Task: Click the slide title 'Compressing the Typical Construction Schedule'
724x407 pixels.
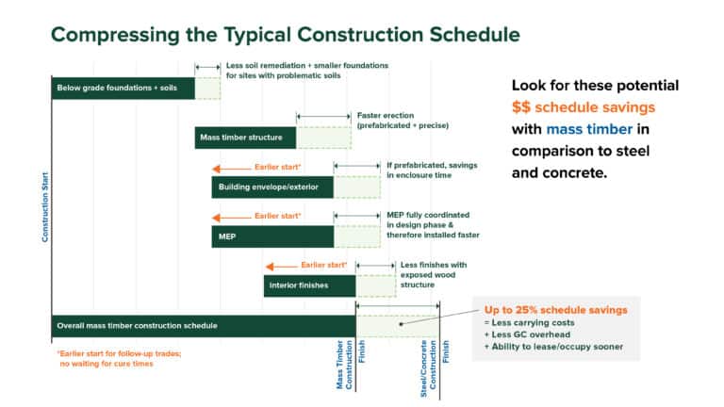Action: click(x=284, y=35)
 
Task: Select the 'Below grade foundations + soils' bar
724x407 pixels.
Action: click(x=123, y=89)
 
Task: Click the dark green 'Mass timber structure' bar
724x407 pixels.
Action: click(x=245, y=138)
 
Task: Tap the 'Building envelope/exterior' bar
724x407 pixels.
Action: click(x=271, y=187)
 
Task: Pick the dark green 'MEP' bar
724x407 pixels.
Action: click(x=271, y=236)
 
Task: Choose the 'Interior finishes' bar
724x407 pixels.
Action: click(x=309, y=285)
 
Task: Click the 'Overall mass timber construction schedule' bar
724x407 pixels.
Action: click(x=203, y=326)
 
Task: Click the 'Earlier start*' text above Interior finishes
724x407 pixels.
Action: click(x=323, y=265)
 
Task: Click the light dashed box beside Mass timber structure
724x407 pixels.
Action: click(x=323, y=138)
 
